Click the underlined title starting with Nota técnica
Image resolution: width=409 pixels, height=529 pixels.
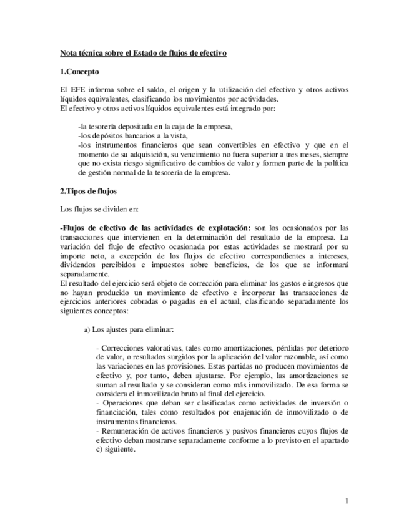pos(143,54)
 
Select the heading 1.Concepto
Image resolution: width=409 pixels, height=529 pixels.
pos(81,72)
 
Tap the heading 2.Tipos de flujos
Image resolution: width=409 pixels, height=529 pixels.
pos(88,190)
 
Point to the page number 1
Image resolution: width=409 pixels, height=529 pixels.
pos(347,501)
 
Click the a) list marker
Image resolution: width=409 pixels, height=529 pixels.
pos(87,329)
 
